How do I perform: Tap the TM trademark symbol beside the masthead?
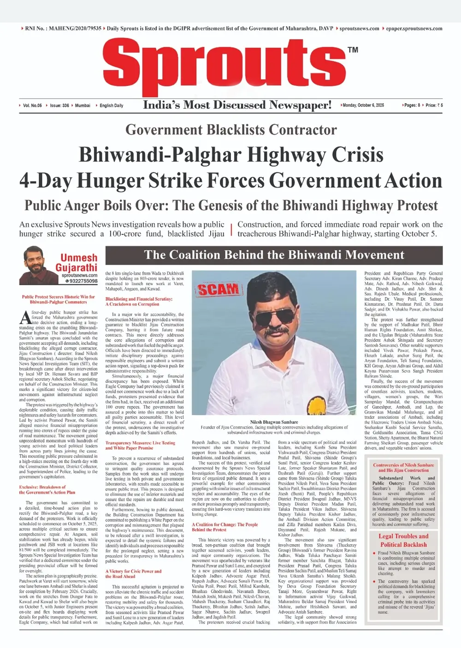[x=353, y=50]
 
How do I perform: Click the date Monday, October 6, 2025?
[x=363, y=105]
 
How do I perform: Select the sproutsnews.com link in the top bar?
[x=359, y=29]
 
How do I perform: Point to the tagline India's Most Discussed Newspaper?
[x=237, y=105]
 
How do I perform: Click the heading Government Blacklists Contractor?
[x=231, y=130]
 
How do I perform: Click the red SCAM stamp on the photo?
[x=219, y=290]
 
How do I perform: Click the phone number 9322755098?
[x=82, y=281]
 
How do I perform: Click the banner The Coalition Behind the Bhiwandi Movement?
[x=274, y=255]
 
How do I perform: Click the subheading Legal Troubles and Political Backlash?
[x=403, y=540]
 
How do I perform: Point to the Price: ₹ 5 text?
[x=434, y=105]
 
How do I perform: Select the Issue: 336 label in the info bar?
[x=59, y=105]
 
